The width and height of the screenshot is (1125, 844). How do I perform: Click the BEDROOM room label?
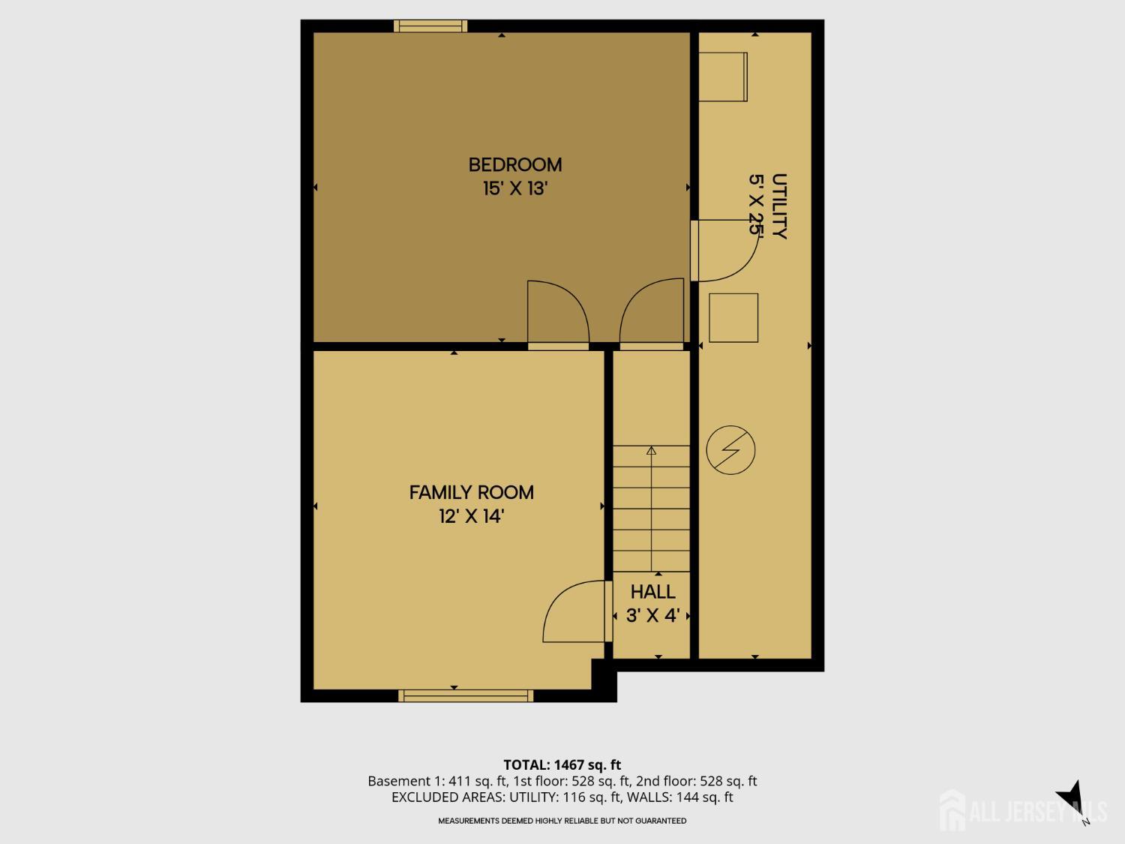click(515, 165)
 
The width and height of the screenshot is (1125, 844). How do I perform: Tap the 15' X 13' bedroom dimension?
click(515, 188)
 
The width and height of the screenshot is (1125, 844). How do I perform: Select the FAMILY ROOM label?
click(472, 492)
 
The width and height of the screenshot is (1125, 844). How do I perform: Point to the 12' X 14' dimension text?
click(472, 516)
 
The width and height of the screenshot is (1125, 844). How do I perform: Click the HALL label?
click(653, 592)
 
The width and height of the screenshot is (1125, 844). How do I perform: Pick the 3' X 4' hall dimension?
click(653, 615)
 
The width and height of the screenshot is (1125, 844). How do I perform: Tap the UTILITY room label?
click(779, 206)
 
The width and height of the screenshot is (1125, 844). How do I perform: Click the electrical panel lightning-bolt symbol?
click(730, 450)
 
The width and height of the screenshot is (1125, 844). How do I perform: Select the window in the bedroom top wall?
click(430, 26)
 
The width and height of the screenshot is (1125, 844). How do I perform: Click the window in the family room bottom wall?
click(466, 695)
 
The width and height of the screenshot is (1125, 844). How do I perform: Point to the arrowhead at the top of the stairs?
click(652, 450)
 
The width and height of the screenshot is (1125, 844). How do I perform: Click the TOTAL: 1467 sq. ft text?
click(562, 764)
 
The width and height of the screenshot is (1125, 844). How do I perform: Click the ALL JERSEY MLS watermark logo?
click(1023, 810)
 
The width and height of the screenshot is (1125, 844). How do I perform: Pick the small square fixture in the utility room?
click(733, 317)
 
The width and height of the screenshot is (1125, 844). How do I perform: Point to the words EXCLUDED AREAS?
click(442, 797)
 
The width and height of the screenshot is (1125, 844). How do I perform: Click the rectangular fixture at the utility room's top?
click(723, 77)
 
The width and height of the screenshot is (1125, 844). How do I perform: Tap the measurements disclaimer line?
click(562, 821)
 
